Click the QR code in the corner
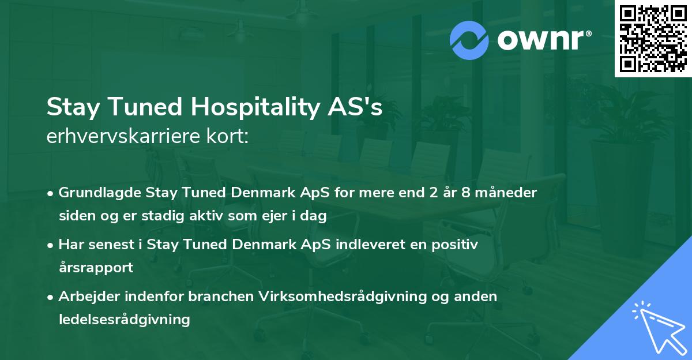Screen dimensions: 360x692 coord(653,39)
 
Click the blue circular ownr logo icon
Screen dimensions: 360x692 coord(469,40)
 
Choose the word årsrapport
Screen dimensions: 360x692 coord(96,267)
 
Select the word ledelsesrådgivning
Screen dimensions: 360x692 coord(124,319)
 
